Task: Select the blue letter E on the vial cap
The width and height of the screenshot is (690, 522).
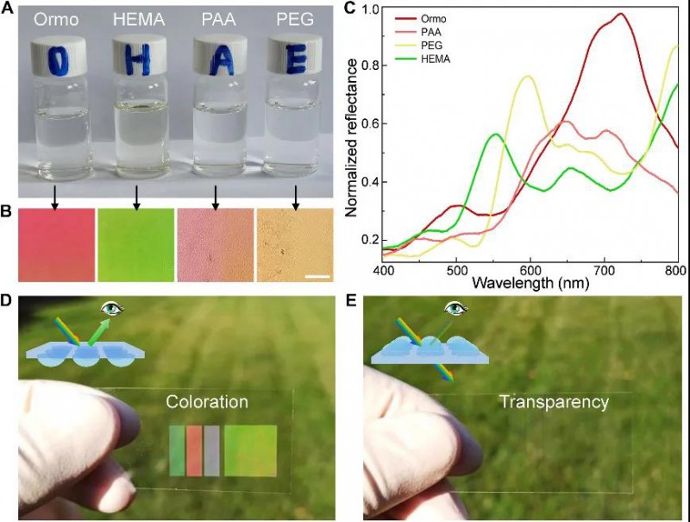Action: point(296,61)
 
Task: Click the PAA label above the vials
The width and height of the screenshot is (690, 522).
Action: point(215,18)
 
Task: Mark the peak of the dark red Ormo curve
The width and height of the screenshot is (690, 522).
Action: point(621,14)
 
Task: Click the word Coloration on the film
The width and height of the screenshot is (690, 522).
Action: point(208,402)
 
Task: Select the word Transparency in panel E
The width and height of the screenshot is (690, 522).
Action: point(554,403)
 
